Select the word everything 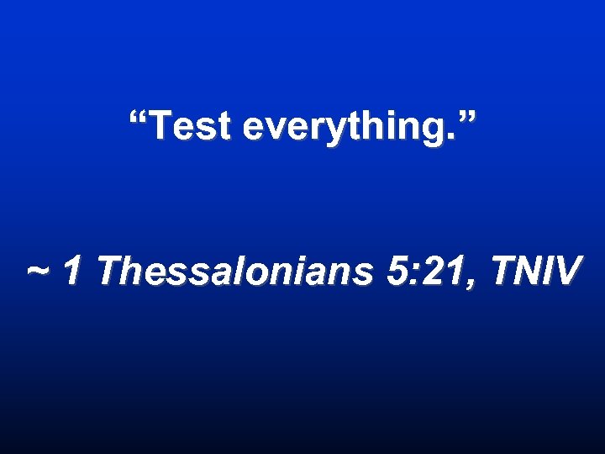point(345,128)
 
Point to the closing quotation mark point(466,119)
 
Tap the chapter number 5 point(397,271)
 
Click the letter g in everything point(432,131)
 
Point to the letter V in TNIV point(566,271)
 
